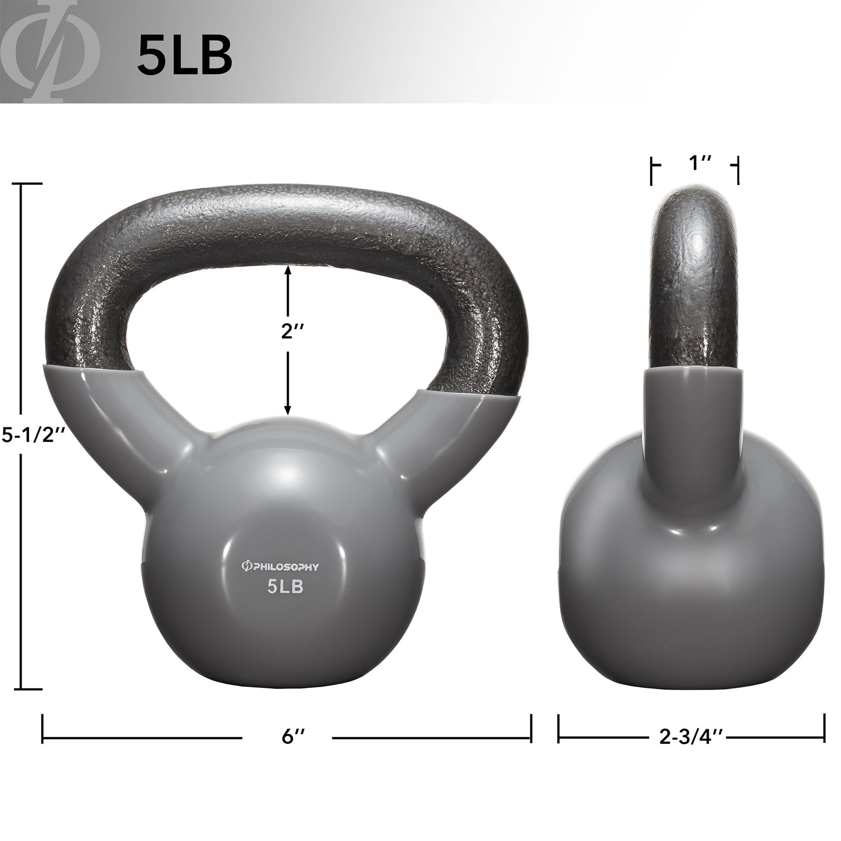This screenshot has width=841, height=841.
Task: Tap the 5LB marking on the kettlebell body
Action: point(285,587)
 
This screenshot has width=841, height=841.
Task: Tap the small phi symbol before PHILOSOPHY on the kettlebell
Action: point(246,566)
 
